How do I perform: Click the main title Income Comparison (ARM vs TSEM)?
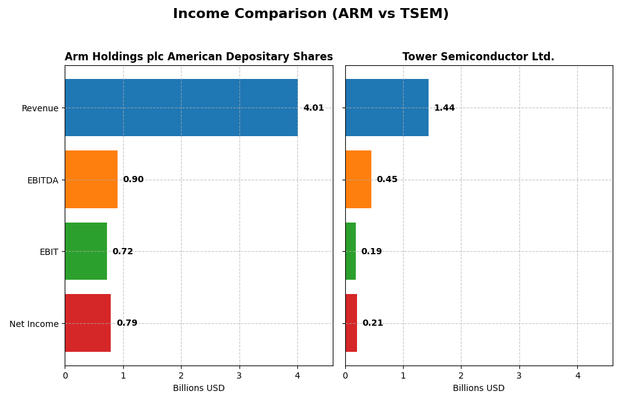(x=310, y=14)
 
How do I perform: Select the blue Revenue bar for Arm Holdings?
(x=181, y=108)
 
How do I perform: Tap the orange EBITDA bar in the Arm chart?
(x=91, y=179)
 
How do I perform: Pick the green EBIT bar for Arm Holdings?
(x=86, y=251)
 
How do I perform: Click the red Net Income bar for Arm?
(x=88, y=323)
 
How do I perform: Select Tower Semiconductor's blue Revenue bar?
(x=387, y=108)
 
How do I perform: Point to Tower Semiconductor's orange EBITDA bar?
(x=358, y=179)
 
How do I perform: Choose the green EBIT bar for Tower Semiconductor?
(x=351, y=251)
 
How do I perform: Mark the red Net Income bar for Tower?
(x=351, y=323)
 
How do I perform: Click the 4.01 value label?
(x=313, y=108)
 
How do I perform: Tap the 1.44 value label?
(x=444, y=108)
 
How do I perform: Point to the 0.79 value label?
(x=127, y=323)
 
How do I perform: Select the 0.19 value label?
(x=371, y=252)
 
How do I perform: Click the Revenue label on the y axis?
(x=40, y=108)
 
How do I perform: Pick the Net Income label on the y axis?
(x=34, y=323)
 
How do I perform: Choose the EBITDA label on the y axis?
(x=42, y=180)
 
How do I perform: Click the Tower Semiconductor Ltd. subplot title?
(x=478, y=57)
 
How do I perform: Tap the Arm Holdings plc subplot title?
(x=198, y=57)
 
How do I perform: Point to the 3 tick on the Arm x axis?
(x=239, y=375)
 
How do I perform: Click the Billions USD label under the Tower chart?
(x=478, y=389)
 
